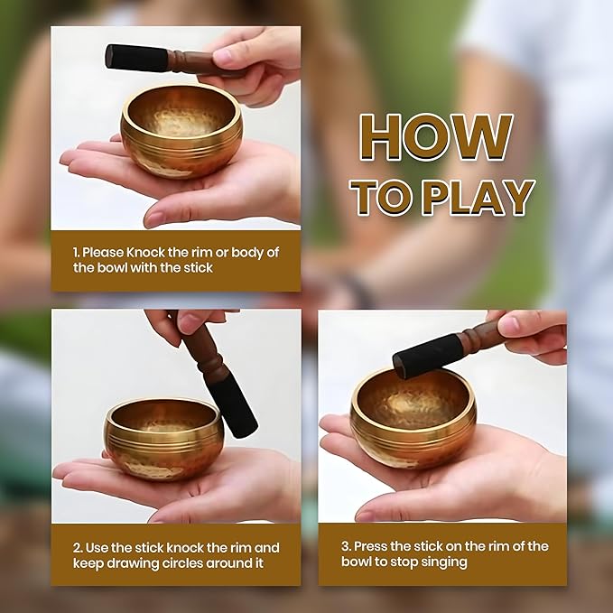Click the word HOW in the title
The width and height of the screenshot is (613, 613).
point(436,137)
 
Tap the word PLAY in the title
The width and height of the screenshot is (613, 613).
point(478,198)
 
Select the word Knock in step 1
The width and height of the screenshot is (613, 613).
point(145,253)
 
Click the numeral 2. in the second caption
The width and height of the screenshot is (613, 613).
point(78,548)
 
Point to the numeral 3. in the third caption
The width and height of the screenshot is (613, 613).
point(346,546)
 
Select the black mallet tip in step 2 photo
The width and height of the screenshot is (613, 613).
point(233,408)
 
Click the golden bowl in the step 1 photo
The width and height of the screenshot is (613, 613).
point(181,131)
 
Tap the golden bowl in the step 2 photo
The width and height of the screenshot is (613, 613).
point(163,439)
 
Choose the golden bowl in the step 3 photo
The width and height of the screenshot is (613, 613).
point(413,417)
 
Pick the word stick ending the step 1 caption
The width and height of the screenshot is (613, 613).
point(199,268)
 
